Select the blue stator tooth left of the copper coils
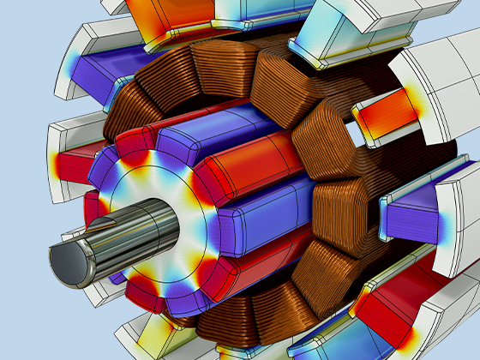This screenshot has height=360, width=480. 116,77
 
